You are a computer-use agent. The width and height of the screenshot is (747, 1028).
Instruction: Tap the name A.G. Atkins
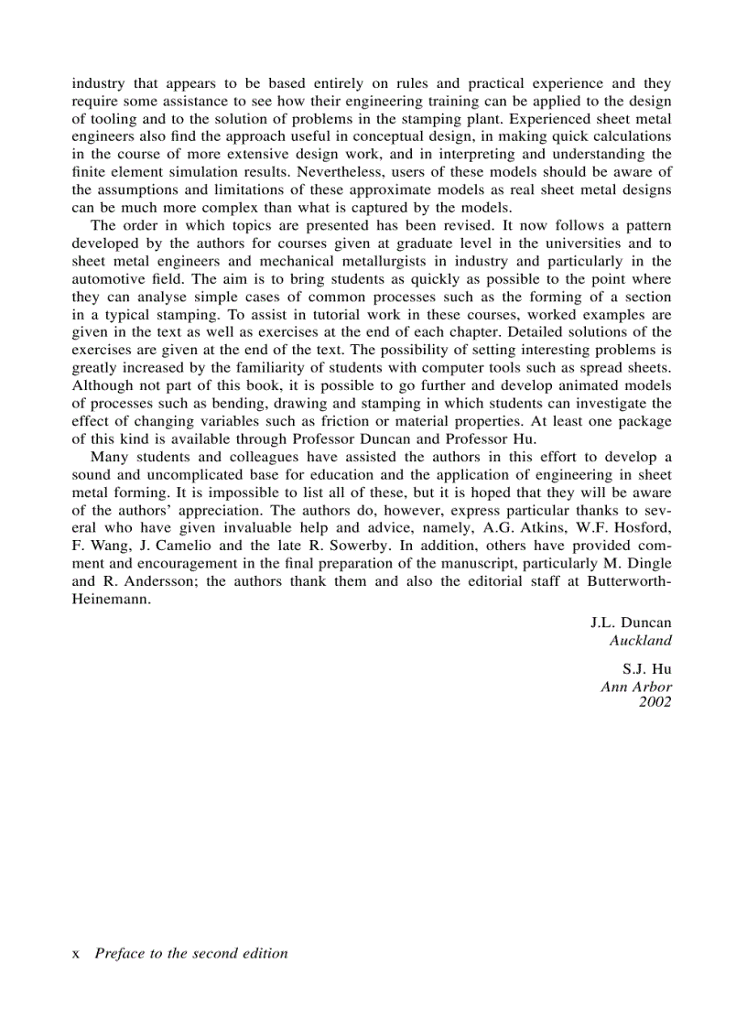click(508, 528)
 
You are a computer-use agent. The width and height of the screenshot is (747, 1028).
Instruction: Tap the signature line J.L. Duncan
click(631, 622)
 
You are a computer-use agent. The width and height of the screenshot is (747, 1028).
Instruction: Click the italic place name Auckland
click(640, 641)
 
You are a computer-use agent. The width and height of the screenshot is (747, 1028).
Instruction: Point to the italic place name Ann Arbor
click(636, 687)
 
